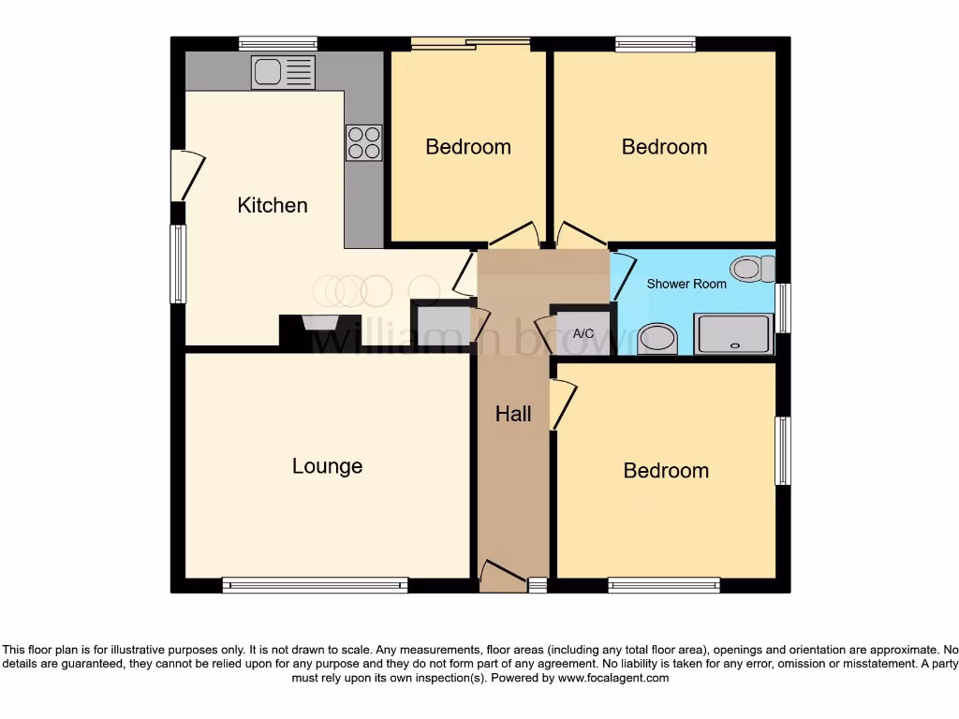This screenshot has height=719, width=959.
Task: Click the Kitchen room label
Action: click(273, 205)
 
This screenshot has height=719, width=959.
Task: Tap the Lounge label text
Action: click(327, 466)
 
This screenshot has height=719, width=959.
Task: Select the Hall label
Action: click(513, 414)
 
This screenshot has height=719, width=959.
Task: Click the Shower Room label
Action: click(686, 284)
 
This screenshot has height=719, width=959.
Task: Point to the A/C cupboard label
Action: click(583, 333)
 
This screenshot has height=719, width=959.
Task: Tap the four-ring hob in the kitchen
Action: click(364, 142)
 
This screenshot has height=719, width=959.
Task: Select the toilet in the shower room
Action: click(752, 269)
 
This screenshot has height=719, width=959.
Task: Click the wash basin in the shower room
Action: click(657, 340)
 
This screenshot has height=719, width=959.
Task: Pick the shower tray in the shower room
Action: click(733, 334)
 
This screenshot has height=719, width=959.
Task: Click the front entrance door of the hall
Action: click(503, 575)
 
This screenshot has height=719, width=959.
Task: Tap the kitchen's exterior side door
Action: click(185, 175)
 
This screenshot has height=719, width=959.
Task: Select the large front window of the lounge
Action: click(315, 586)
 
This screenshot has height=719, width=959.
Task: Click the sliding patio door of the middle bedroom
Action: click(470, 42)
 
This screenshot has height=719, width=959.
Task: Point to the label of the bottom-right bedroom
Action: click(666, 471)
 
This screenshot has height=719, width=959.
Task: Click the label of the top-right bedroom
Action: click(664, 147)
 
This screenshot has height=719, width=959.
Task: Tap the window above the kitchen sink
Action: click(277, 43)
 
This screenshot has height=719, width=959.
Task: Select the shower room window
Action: click(784, 307)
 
